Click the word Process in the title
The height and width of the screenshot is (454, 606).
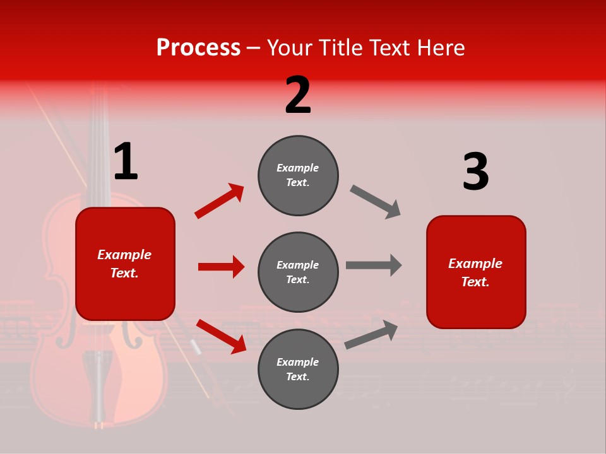coord(198,48)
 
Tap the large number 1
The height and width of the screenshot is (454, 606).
coord(126,162)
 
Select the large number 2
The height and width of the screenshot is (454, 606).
coord(298,95)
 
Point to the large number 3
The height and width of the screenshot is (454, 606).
coord(475,172)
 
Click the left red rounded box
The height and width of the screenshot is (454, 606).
coord(125,264)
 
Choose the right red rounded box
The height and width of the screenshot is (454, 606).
coord(476,272)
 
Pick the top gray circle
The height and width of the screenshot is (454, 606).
coord(298,175)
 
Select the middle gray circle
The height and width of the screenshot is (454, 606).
coord(298,272)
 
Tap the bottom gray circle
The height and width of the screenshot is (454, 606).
coord(298,369)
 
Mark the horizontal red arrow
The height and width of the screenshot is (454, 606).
coord(221,267)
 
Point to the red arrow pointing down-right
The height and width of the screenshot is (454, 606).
coord(221,336)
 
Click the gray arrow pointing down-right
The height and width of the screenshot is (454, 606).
coord(375,202)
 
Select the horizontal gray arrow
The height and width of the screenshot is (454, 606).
coord(374,265)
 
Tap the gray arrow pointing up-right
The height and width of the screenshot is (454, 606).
coord(371,334)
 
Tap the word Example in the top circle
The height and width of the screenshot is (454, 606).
coord(298,168)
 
